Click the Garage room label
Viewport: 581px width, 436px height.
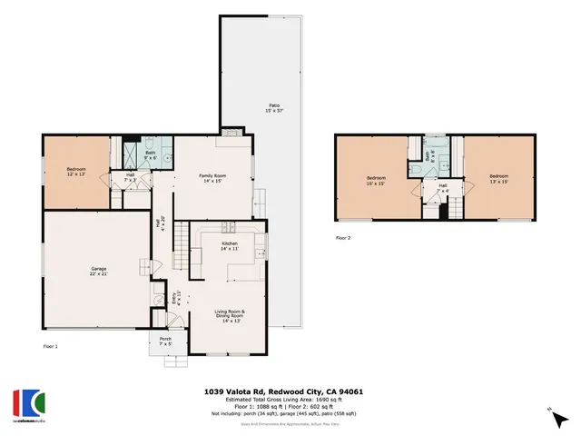pyautogui.click(x=99, y=272)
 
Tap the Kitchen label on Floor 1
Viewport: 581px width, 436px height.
pyautogui.click(x=230, y=245)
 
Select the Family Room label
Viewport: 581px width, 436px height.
pyautogui.click(x=212, y=178)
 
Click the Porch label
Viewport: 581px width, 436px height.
pyautogui.click(x=165, y=342)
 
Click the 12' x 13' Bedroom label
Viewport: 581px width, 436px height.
pyautogui.click(x=75, y=172)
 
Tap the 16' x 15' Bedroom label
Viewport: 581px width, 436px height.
pyautogui.click(x=377, y=179)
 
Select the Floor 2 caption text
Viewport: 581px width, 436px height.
pyautogui.click(x=343, y=238)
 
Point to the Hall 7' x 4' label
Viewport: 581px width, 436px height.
pyautogui.click(x=443, y=188)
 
